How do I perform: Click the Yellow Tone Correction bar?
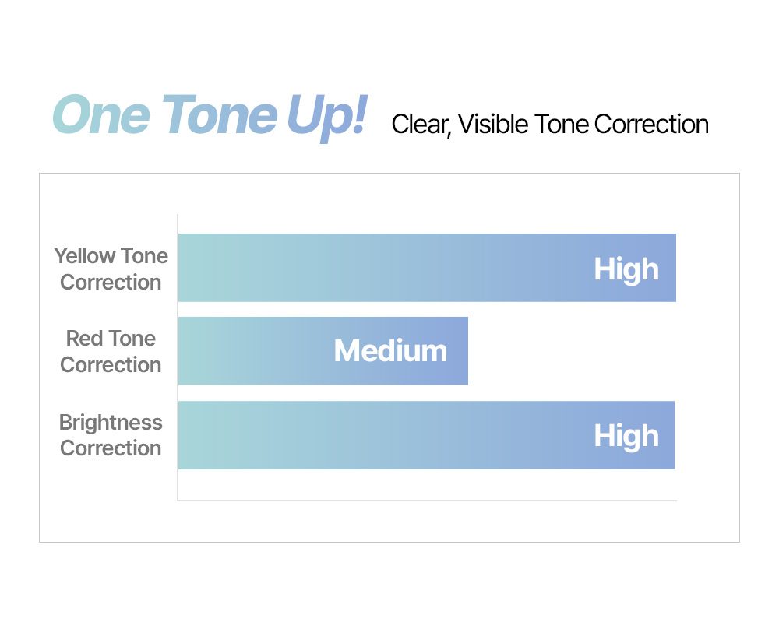[427, 268]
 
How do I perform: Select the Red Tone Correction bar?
[323, 351]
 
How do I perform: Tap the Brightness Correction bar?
[426, 435]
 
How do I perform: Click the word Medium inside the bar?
[390, 351]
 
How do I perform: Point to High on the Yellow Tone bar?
[626, 269]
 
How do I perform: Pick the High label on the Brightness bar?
[626, 437]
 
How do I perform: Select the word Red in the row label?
[83, 339]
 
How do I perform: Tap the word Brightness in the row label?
[111, 423]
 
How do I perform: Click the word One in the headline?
[101, 115]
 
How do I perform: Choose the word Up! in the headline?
[328, 118]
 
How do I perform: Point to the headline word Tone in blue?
[219, 115]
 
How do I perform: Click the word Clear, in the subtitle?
[421, 125]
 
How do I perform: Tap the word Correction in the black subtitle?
[651, 125]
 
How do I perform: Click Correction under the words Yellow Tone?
[111, 283]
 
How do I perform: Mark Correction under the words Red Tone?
[111, 365]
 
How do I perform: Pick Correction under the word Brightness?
[111, 448]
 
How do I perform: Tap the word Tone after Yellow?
[145, 256]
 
